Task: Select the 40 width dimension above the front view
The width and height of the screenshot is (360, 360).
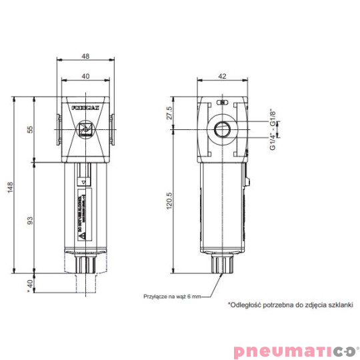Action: click(86, 76)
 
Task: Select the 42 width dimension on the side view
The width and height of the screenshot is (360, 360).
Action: click(222, 76)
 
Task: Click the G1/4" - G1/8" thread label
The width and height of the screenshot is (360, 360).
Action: click(274, 130)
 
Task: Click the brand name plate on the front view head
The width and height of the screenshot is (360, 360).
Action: click(85, 106)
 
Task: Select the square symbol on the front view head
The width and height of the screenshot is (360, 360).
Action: click(85, 129)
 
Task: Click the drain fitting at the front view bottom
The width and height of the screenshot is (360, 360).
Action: click(85, 264)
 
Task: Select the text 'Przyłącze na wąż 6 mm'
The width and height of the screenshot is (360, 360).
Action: click(171, 295)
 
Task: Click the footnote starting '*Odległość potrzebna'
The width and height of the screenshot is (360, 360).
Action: click(289, 304)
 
